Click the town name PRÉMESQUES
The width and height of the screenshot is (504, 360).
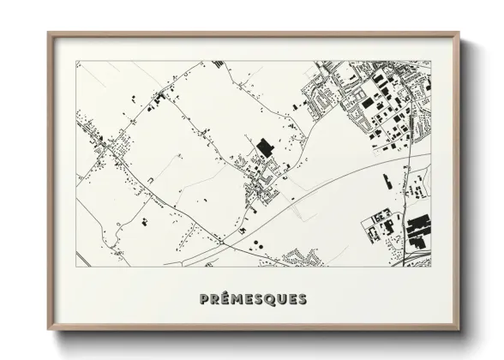(252, 299)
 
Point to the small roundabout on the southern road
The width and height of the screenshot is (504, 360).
(222, 243)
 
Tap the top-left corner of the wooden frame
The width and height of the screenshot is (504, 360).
(49, 34)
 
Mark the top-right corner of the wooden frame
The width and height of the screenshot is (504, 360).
(459, 34)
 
